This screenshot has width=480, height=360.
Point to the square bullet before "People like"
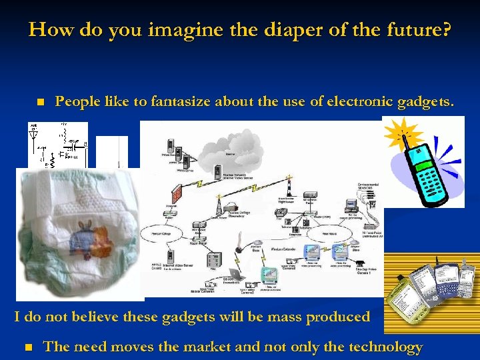(x=40, y=103)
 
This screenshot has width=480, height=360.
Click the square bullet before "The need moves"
(x=27, y=347)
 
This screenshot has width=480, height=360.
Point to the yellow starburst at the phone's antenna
(x=398, y=134)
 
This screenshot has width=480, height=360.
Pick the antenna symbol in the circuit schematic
(x=33, y=133)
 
